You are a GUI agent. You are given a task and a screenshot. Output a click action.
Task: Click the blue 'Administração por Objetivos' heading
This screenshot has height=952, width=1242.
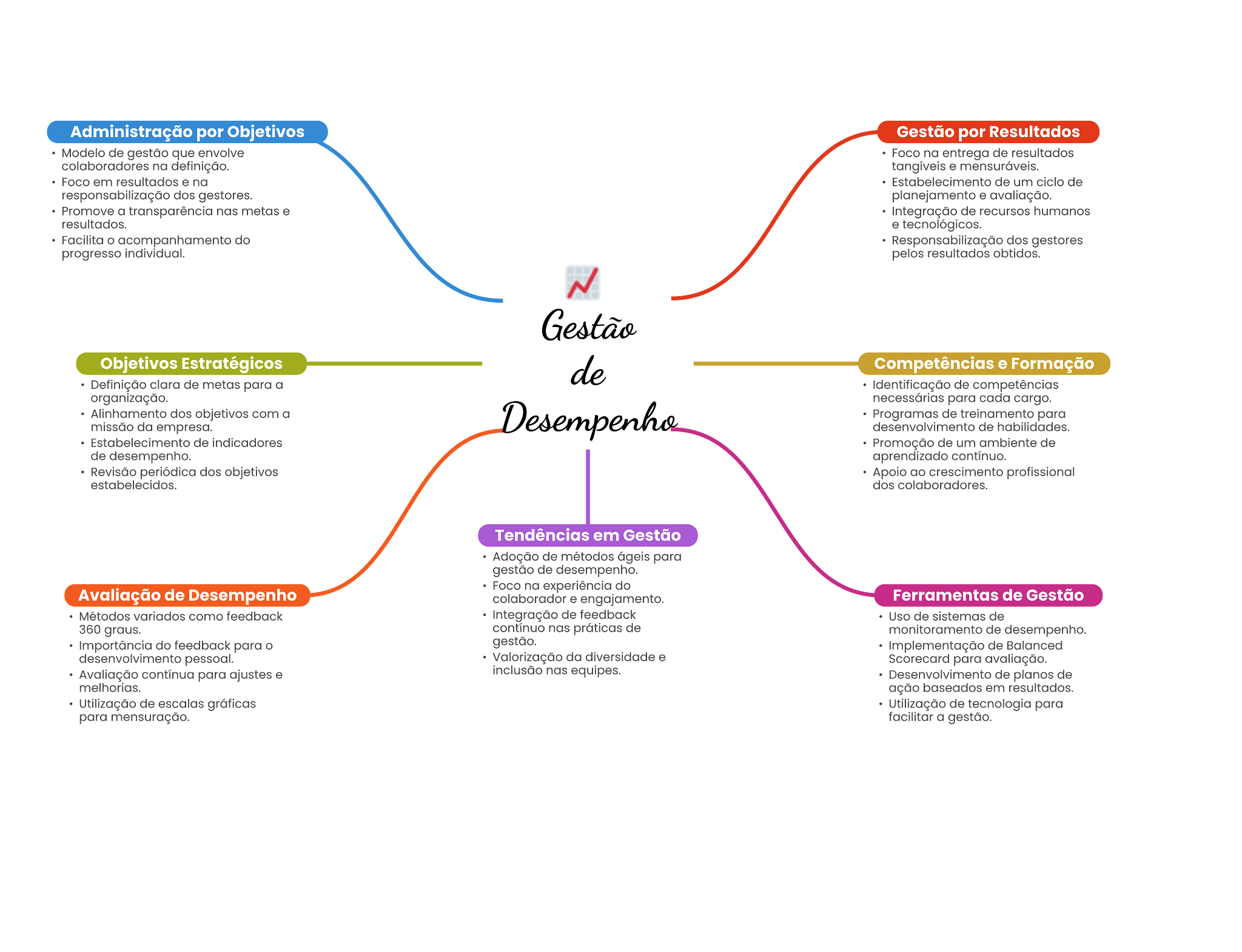point(187,132)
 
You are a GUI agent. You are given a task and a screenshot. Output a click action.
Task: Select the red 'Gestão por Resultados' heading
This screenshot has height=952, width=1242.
point(988,132)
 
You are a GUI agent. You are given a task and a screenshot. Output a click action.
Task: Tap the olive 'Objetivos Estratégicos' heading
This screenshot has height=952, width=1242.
point(191,363)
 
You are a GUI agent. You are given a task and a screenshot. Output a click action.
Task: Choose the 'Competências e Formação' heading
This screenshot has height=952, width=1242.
point(984,363)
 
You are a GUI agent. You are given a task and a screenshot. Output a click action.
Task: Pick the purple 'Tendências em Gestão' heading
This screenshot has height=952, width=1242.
point(588,535)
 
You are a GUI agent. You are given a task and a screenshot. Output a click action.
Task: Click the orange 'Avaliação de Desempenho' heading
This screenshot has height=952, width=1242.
point(187,595)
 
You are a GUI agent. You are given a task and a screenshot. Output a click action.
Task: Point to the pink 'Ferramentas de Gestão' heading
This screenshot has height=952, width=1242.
point(988,595)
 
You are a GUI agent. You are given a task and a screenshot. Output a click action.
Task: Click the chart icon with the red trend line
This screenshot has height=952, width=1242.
point(583,283)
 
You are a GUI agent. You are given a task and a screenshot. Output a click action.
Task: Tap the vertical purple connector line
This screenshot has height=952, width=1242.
point(588,485)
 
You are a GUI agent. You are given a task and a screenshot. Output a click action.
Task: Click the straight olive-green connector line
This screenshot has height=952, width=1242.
point(394,364)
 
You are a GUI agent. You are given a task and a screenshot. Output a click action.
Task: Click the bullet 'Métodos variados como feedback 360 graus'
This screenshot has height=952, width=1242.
point(180,623)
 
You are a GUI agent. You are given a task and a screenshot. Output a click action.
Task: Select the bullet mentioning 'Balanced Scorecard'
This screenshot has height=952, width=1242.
point(975,652)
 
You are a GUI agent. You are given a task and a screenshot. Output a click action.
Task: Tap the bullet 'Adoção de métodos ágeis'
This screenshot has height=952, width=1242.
point(586,563)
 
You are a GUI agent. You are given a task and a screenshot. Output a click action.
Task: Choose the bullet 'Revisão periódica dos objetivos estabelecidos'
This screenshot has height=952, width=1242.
point(184,479)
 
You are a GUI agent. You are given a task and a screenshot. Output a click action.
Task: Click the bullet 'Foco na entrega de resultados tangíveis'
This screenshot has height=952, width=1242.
point(982,160)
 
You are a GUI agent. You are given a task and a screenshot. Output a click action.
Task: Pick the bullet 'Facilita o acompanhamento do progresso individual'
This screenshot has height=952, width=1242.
point(155,247)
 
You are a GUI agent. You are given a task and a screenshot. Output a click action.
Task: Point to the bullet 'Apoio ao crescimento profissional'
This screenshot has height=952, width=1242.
point(973,479)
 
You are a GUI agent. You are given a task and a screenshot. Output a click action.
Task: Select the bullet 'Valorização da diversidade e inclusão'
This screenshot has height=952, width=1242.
point(579,664)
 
